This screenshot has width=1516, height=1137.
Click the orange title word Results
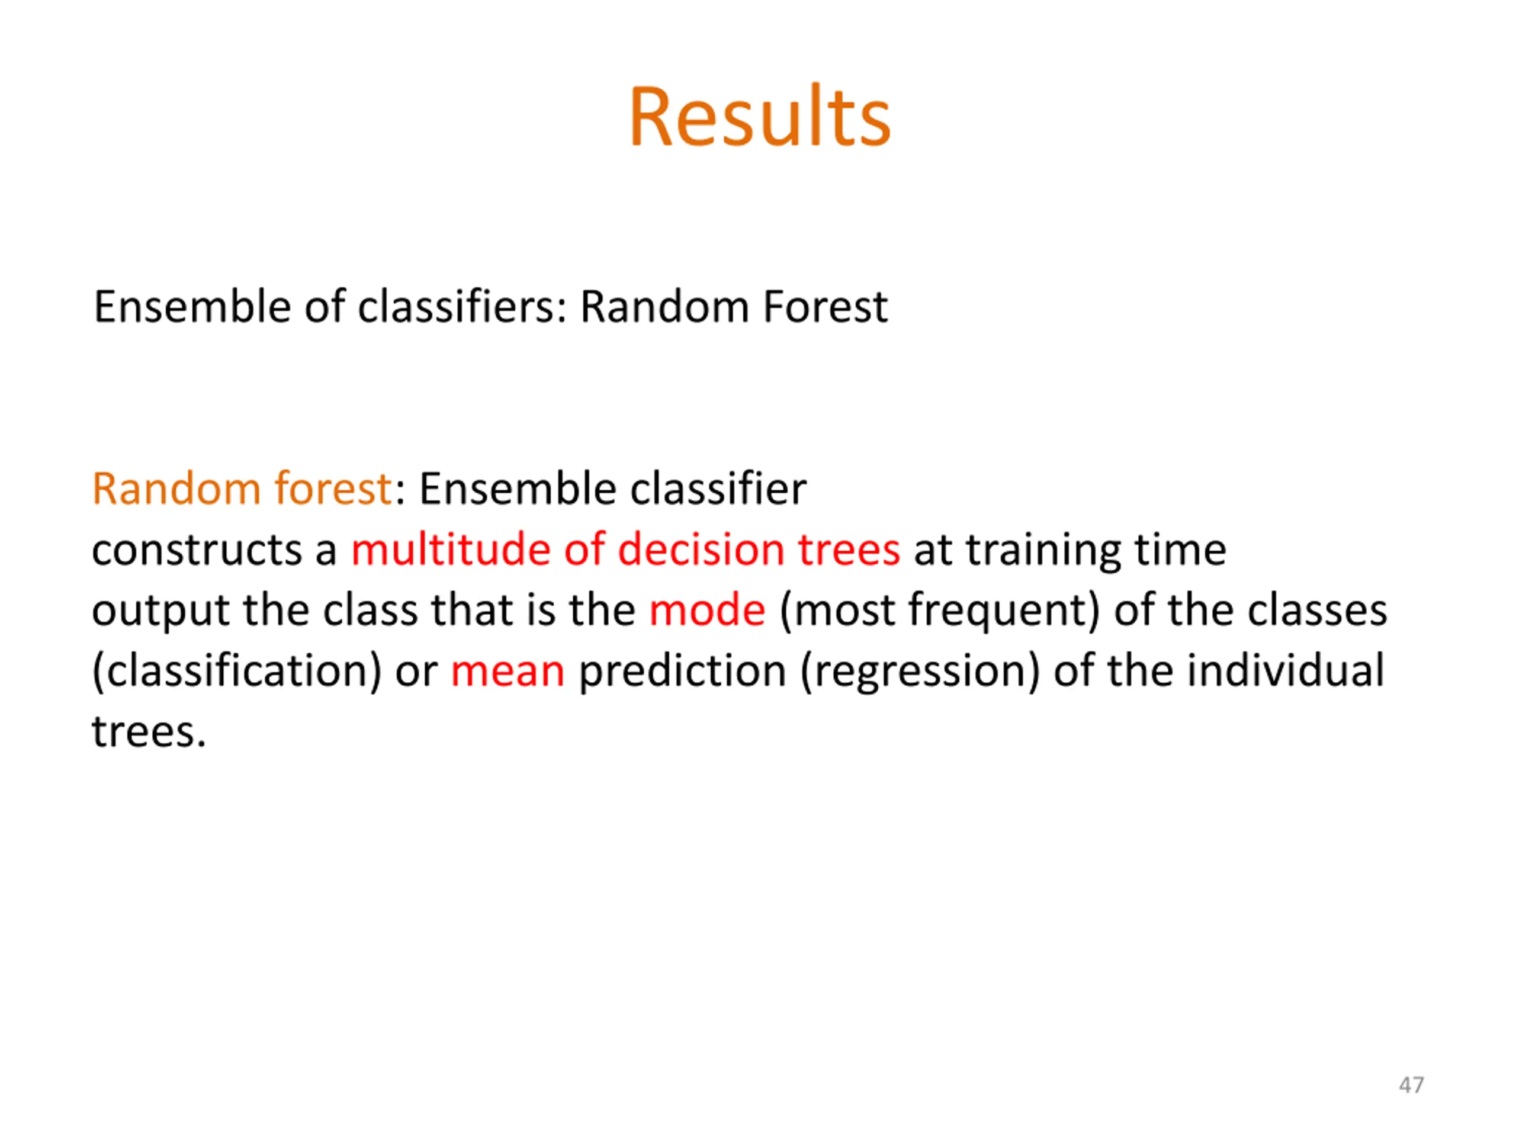coord(759,117)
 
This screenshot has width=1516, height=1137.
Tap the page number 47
coord(1411,1085)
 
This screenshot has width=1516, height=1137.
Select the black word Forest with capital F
coord(825,306)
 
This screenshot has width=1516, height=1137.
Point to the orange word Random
coord(176,489)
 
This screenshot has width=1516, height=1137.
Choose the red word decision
coord(701,549)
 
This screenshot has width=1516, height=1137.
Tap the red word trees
coord(849,550)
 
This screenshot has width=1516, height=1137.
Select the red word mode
coord(707,610)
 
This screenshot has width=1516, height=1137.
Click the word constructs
coord(197,550)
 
